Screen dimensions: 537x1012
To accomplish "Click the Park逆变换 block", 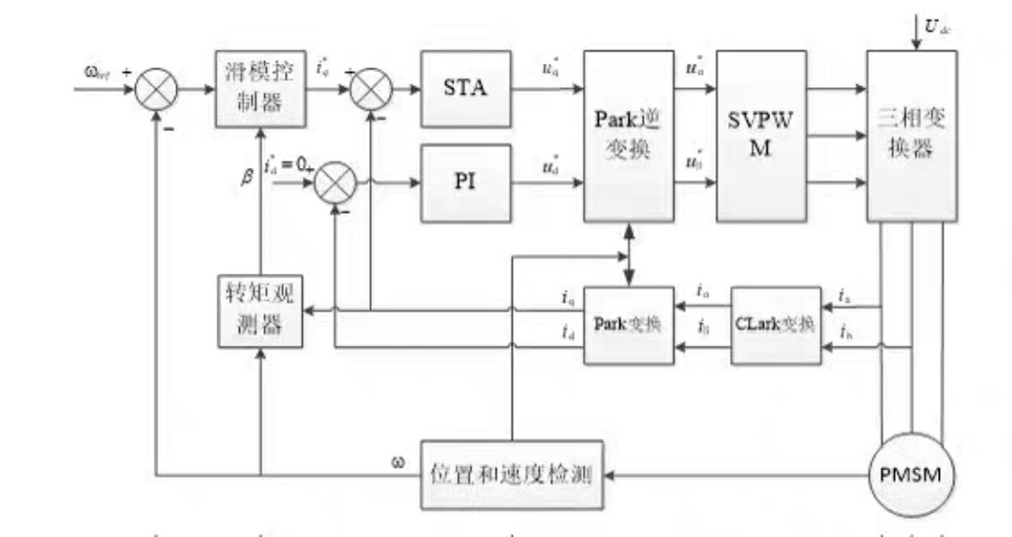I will pyautogui.click(x=630, y=136).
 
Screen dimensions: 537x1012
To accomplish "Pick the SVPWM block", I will pyautogui.click(x=762, y=136).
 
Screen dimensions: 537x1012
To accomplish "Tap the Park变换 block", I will pyautogui.click(x=630, y=323).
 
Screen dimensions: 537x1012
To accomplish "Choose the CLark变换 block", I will pyautogui.click(x=774, y=323).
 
